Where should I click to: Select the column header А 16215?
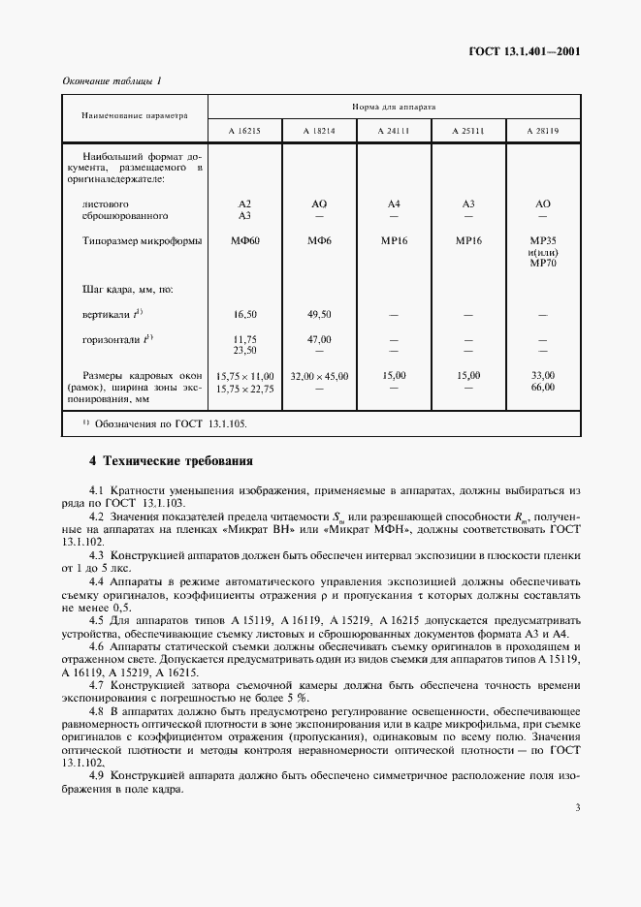[244, 130]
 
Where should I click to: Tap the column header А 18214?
[319, 130]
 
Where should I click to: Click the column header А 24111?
[394, 130]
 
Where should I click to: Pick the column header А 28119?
[542, 130]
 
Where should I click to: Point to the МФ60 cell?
[244, 240]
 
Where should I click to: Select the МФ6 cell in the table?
[319, 240]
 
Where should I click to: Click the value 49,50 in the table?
[319, 315]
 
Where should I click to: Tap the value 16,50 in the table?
[244, 315]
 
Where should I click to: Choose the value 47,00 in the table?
[319, 339]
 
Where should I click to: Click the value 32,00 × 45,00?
[319, 376]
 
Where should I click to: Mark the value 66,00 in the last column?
[542, 388]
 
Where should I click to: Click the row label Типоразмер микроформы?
[144, 240]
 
